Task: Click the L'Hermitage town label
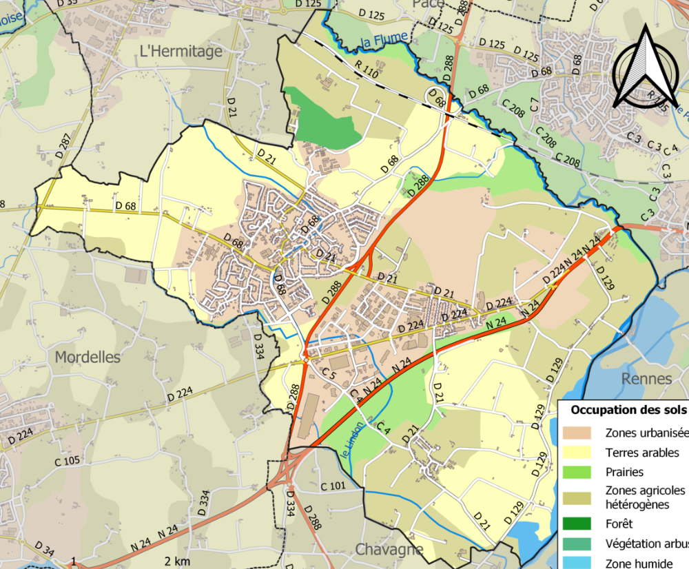(181, 51)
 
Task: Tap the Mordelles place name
(87, 358)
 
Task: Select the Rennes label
(646, 378)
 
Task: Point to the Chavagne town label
(389, 549)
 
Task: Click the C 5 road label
(329, 373)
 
